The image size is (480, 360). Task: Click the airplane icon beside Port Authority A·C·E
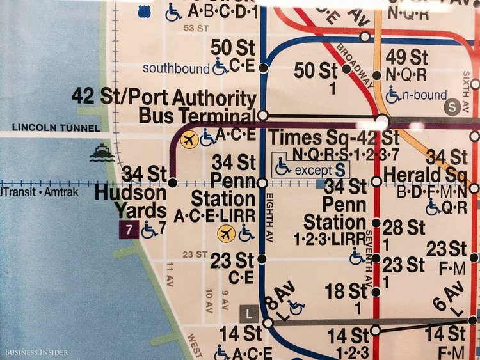tap(189, 139)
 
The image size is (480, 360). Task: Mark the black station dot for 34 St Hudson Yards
tap(172, 183)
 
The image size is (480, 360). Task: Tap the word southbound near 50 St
tap(176, 68)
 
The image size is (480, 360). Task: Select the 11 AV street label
tap(170, 270)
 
